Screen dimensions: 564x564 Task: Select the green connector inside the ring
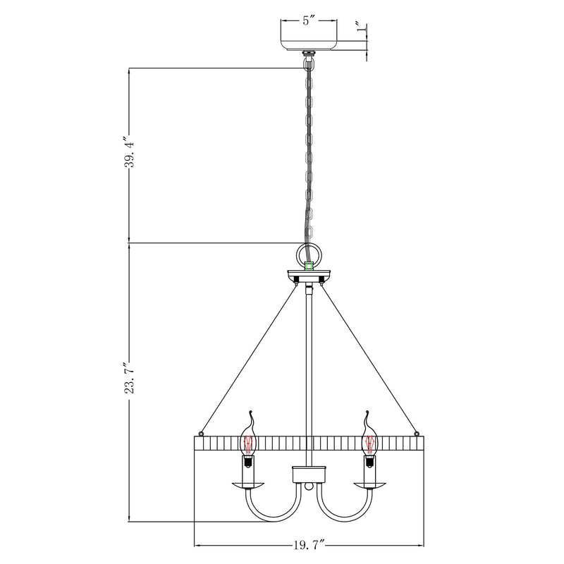[x=308, y=266]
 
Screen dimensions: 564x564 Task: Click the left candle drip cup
[x=248, y=485]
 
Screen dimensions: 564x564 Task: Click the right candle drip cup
[x=368, y=485]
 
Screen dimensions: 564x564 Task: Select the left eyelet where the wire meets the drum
[x=202, y=433]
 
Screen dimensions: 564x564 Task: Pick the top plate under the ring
[x=308, y=274]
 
